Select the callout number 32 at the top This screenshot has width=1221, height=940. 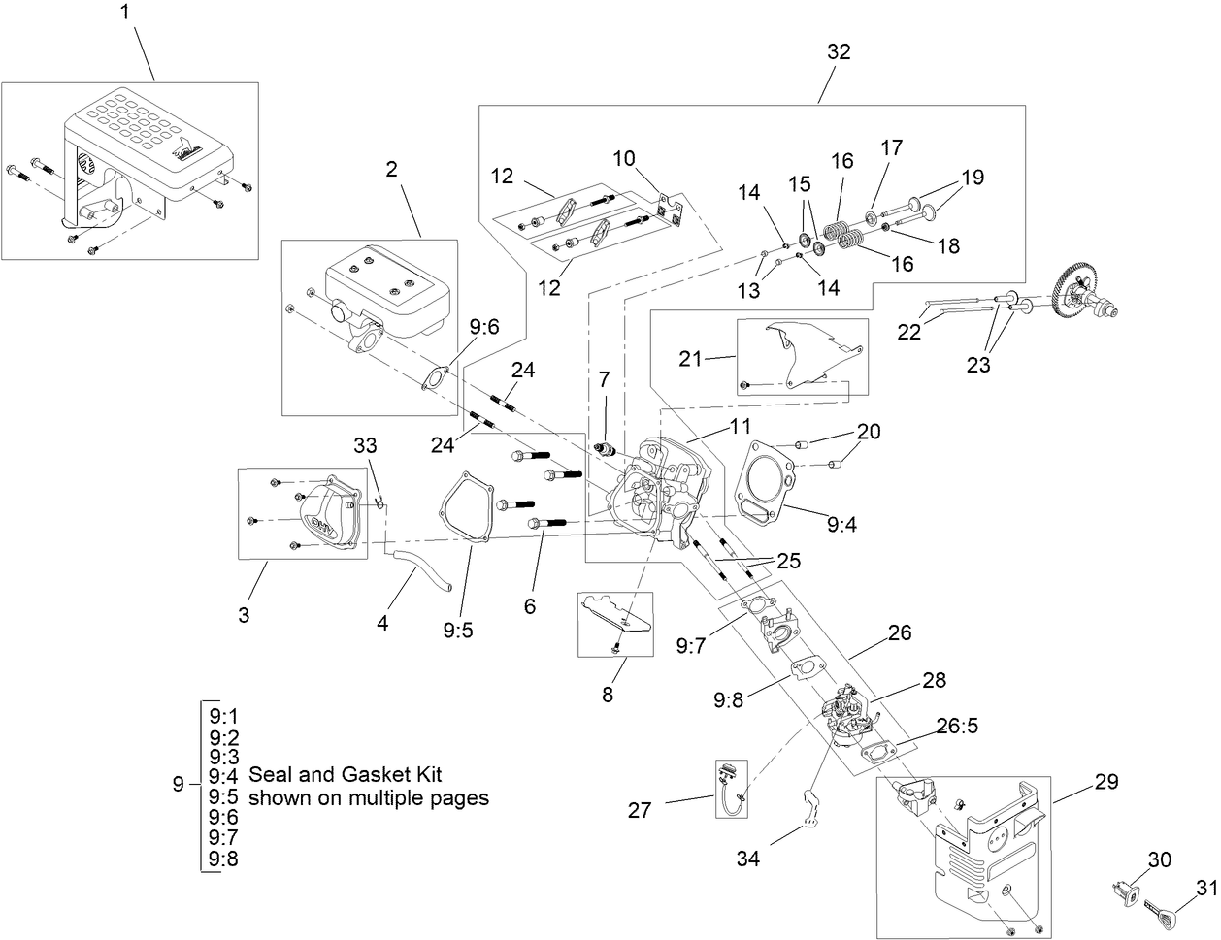coord(839,52)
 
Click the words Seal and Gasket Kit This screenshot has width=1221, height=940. coord(345,774)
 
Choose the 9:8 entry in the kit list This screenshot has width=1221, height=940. coord(223,859)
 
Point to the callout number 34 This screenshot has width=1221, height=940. coord(748,858)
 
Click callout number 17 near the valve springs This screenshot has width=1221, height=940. coord(891,147)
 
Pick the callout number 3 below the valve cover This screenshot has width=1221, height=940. coord(244,614)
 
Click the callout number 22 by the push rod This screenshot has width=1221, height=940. coord(908,331)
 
